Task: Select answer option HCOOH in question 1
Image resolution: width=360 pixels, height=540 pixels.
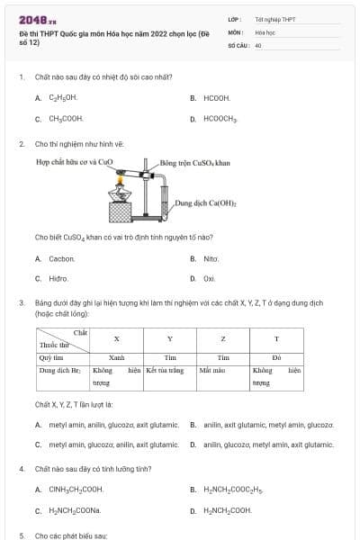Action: tap(217, 97)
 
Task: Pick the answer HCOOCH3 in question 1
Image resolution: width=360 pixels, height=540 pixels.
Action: tap(220, 118)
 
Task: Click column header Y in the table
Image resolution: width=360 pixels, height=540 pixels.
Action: tap(170, 338)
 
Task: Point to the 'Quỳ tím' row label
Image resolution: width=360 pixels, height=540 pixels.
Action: tap(50, 357)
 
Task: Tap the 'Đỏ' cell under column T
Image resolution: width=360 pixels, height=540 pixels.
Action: tap(276, 357)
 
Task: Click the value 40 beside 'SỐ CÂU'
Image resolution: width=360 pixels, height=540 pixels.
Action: tap(258, 44)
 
